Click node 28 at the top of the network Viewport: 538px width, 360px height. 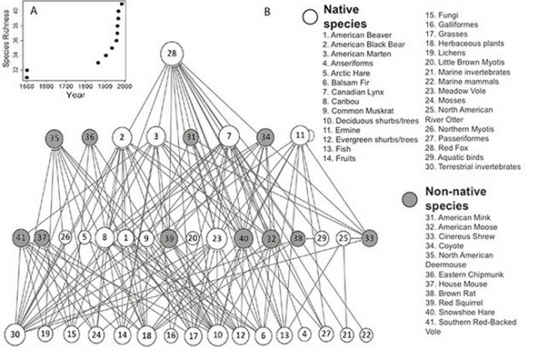tap(171, 54)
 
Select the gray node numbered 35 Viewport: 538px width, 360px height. tap(55, 139)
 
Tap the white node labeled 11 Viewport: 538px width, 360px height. tap(300, 135)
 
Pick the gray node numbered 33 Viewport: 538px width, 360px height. tap(369, 238)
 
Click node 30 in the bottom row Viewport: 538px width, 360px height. tap(15, 334)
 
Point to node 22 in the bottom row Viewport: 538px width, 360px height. tap(367, 335)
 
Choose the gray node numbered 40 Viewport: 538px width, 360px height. tap(244, 238)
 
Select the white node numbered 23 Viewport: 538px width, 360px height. tap(217, 238)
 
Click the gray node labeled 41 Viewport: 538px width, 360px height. tap(21, 238)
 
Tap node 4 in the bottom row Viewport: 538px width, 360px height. tap(304, 334)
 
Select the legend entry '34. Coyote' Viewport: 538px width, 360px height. tap(445, 246)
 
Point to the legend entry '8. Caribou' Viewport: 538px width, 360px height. tap(340, 101)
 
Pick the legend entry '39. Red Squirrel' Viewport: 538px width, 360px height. tap(454, 303)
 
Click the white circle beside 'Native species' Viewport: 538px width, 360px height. tap(310, 17)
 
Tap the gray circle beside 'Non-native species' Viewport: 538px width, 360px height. tap(409, 199)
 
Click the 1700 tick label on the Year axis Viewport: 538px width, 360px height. tap(66, 86)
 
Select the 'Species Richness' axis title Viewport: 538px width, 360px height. tap(6, 38)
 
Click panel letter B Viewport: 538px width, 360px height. tap(267, 12)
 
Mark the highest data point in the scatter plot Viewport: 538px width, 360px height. tap(122, 3)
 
